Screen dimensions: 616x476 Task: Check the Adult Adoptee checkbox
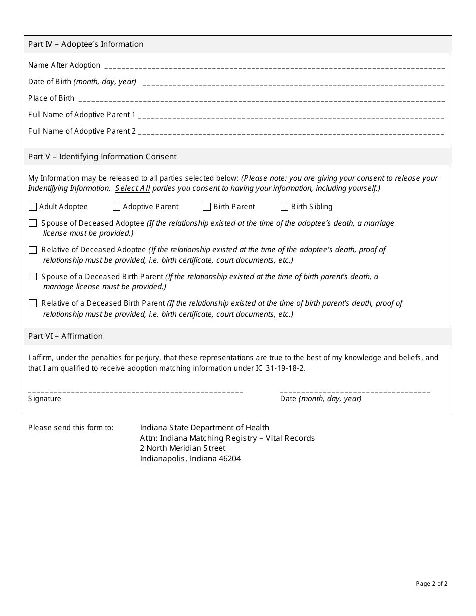pos(33,207)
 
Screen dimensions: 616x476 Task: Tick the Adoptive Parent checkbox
pos(116,207)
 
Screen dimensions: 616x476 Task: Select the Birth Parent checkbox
pos(207,207)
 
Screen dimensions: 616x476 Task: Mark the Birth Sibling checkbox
pos(284,207)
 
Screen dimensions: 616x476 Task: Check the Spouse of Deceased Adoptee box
pos(33,223)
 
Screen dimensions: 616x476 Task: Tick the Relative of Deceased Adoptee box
pos(33,250)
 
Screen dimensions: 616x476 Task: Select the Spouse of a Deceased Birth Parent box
pos(33,277)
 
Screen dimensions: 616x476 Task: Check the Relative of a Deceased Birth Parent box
pos(33,303)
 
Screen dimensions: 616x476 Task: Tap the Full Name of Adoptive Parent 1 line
pos(291,117)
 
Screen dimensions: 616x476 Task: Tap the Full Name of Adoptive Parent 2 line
pos(291,133)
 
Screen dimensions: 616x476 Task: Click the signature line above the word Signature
pos(135,391)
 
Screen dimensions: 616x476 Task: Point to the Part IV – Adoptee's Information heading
pos(86,44)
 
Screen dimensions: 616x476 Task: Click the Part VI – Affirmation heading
pos(65,336)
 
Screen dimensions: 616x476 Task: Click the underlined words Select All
pos(132,188)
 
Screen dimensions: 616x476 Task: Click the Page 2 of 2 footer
pos(431,583)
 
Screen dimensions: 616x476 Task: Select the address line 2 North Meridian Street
pos(182,448)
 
